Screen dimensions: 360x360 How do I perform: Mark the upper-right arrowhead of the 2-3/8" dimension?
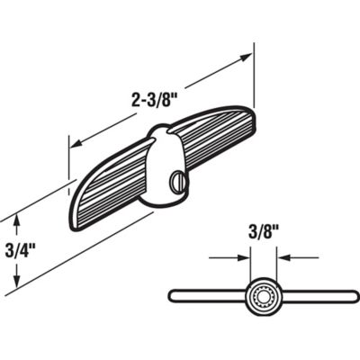[247, 57]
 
